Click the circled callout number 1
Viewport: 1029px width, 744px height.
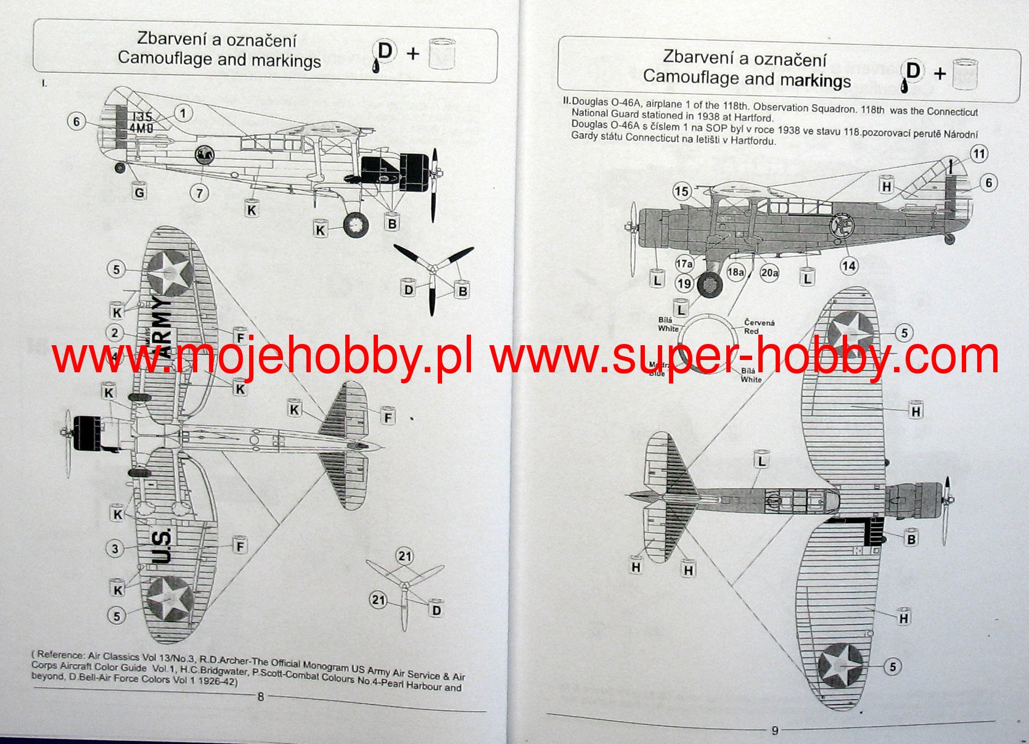182,113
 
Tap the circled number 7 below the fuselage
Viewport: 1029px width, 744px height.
199,193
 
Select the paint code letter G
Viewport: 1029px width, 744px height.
139,192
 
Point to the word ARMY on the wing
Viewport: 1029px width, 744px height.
163,327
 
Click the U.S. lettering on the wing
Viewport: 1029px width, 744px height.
162,546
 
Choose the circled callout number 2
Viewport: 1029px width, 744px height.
115,333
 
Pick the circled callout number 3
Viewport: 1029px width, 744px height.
115,548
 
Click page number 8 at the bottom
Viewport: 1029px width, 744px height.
261,697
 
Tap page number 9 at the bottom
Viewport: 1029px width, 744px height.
775,730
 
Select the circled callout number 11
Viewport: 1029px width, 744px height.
979,153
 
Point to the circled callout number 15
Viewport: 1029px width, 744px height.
681,191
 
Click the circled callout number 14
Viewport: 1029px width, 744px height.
849,266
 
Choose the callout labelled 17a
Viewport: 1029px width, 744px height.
684,264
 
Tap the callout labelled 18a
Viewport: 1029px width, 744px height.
736,272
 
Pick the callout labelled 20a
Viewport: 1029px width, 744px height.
769,272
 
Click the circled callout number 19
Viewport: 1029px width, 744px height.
684,284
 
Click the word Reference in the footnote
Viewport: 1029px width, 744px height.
60,655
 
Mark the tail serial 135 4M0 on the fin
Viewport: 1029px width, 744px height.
141,122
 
